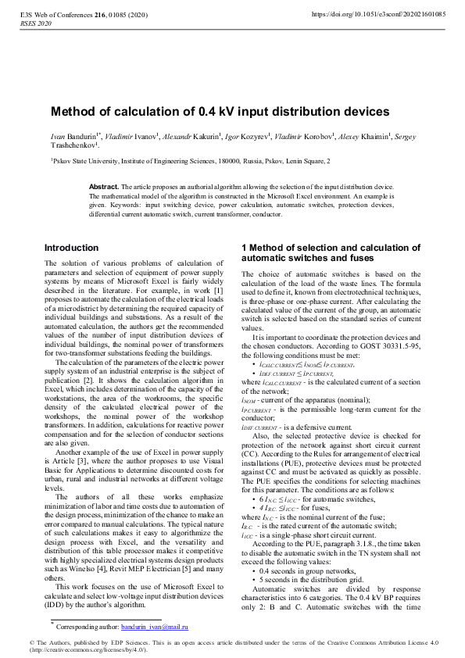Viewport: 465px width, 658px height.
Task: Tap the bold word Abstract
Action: (103, 187)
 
